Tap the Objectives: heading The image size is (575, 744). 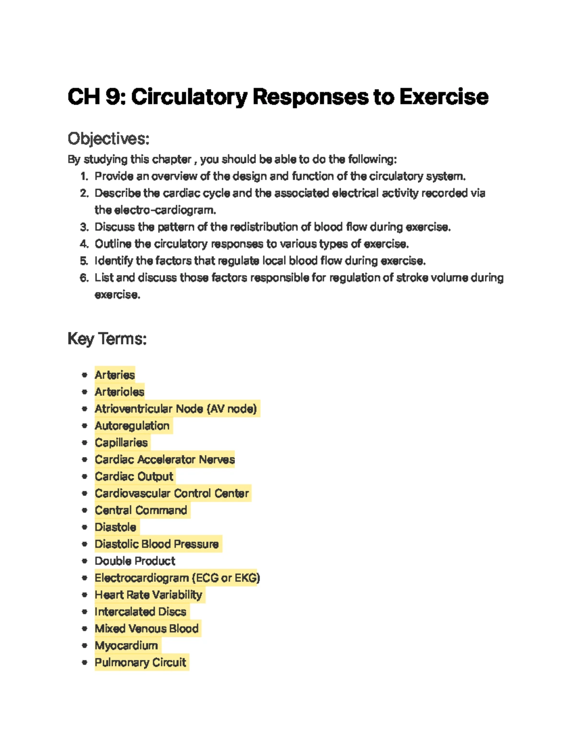click(108, 139)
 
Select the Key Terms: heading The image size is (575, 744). click(107, 339)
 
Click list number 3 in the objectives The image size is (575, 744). click(84, 227)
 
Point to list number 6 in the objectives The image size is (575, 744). click(84, 278)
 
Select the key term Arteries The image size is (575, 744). click(115, 375)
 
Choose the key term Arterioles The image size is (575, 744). click(119, 392)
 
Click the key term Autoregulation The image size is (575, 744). click(132, 425)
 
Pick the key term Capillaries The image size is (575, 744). click(121, 443)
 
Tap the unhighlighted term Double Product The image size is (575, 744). click(135, 561)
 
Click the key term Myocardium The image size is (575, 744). click(126, 646)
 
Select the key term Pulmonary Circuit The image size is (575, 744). click(140, 663)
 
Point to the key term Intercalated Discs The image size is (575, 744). click(140, 612)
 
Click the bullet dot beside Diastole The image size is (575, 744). click(84, 527)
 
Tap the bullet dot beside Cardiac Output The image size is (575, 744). click(84, 477)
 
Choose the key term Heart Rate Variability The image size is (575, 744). click(149, 595)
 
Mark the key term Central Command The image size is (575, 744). click(141, 510)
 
